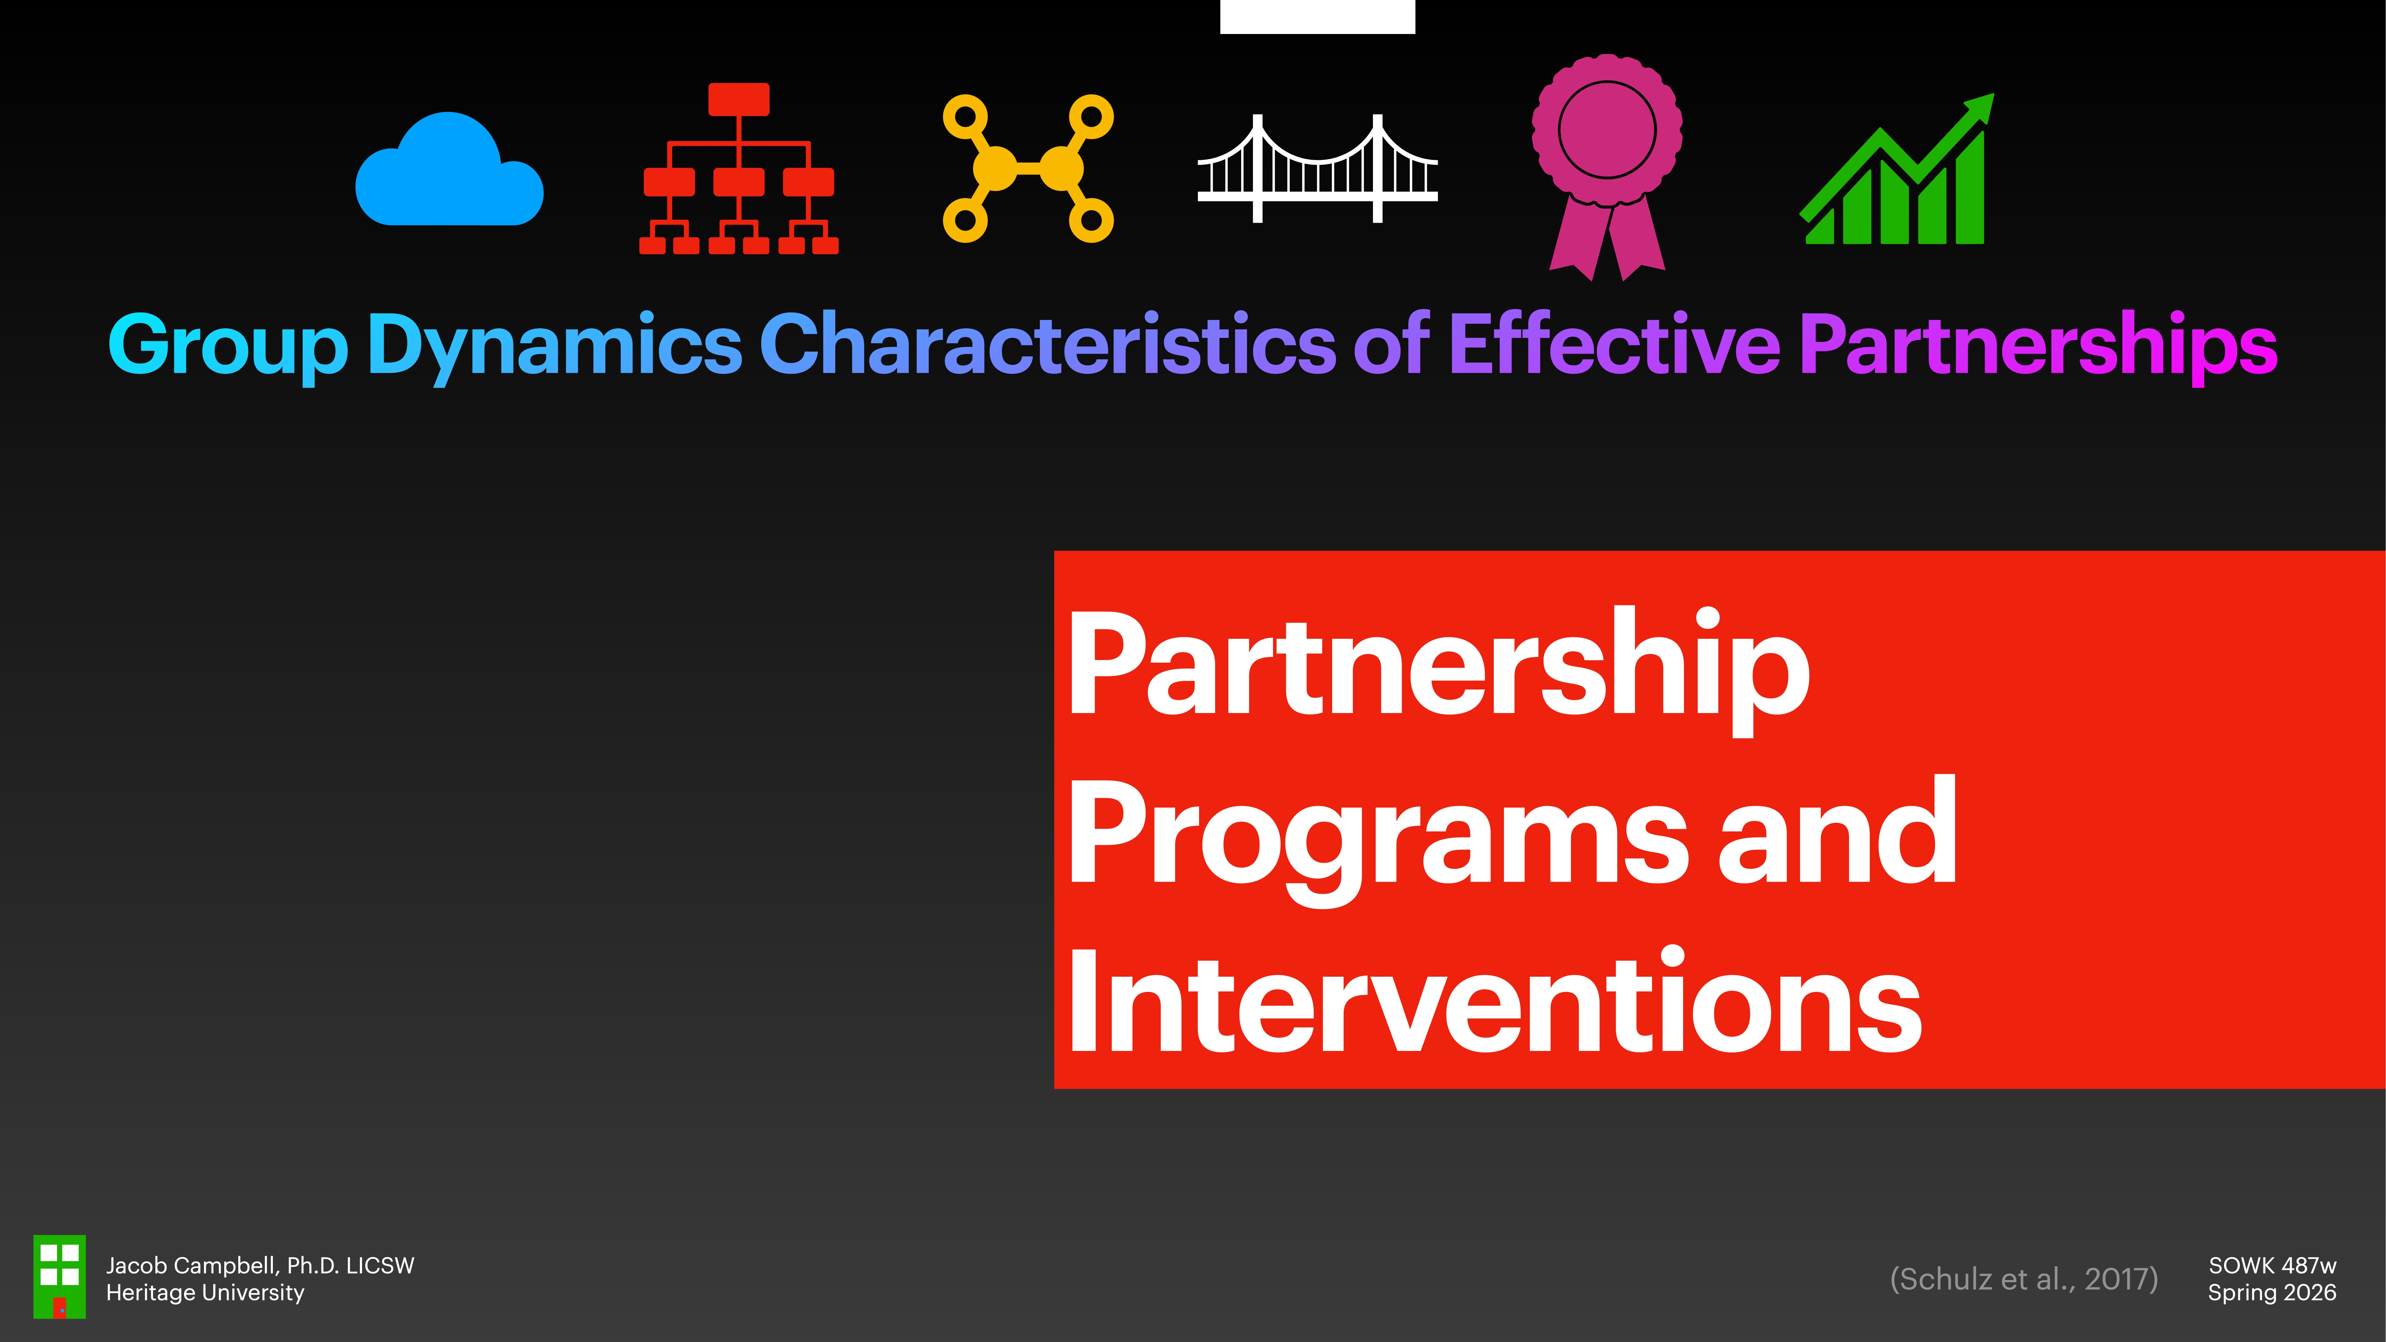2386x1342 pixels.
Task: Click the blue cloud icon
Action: pyautogui.click(x=449, y=171)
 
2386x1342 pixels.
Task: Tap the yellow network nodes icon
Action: pyautogui.click(x=1028, y=168)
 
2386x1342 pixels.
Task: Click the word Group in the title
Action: pyautogui.click(x=228, y=345)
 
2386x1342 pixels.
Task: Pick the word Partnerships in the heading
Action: pyautogui.click(x=2038, y=345)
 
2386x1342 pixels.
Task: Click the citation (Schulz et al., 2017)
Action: pyautogui.click(x=2024, y=1279)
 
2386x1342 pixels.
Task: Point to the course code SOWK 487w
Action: pyautogui.click(x=2272, y=1265)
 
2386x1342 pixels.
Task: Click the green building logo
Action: pyautogui.click(x=59, y=1276)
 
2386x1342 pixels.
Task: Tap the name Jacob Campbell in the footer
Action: pyautogui.click(x=193, y=1265)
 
